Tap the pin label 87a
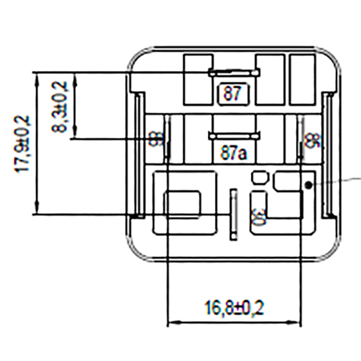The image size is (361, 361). [234, 154]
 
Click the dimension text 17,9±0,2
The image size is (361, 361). [24, 144]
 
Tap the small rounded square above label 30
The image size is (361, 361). [260, 177]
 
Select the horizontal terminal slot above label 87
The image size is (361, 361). [234, 73]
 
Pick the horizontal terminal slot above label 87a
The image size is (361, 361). [234, 136]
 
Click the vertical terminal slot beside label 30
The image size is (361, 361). [234, 213]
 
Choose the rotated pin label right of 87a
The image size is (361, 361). [311, 140]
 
